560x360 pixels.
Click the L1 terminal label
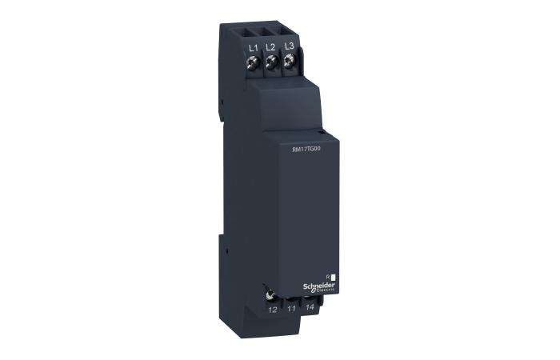point(253,48)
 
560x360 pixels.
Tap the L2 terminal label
point(270,48)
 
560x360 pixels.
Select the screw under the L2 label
point(271,61)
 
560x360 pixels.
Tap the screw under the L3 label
point(289,61)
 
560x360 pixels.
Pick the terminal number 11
point(291,307)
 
